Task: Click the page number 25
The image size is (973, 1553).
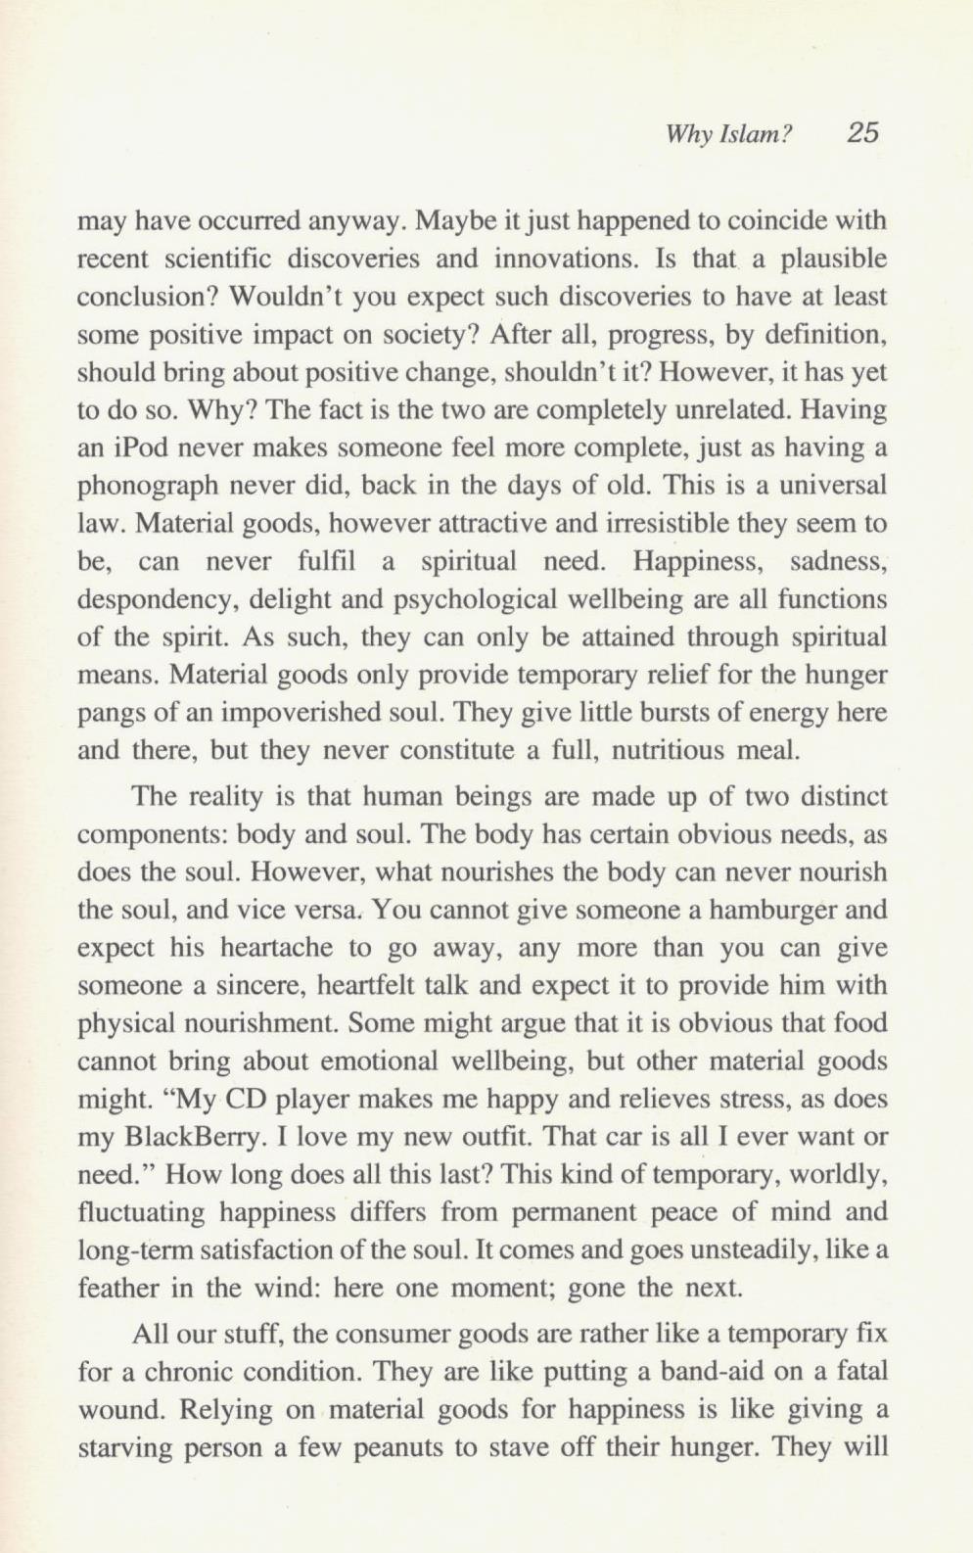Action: point(862,132)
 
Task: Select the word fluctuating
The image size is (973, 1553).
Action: point(140,1212)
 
